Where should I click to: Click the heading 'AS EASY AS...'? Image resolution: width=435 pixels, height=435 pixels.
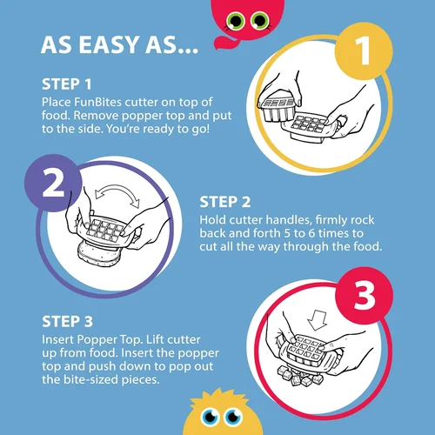pyautogui.click(x=119, y=45)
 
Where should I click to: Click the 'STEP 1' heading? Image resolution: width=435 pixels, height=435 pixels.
pyautogui.click(x=67, y=84)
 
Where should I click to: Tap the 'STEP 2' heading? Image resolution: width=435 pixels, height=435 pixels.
pyautogui.click(x=224, y=202)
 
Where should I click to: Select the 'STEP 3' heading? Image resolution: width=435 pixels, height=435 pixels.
pyautogui.click(x=67, y=322)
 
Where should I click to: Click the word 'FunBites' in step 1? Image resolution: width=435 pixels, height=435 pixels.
pyautogui.click(x=98, y=102)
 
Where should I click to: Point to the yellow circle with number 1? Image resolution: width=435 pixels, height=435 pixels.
pyautogui.click(x=364, y=51)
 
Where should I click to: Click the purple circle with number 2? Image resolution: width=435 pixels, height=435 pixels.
pyautogui.click(x=53, y=183)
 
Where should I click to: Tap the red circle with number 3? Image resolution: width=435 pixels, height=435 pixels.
pyautogui.click(x=365, y=296)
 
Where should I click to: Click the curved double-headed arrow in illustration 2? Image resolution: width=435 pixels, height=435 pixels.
pyautogui.click(x=117, y=189)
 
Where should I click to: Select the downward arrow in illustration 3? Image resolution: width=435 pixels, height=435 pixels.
pyautogui.click(x=318, y=320)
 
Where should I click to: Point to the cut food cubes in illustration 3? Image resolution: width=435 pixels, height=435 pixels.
pyautogui.click(x=299, y=376)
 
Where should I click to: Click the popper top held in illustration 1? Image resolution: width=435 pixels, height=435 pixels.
pyautogui.click(x=278, y=110)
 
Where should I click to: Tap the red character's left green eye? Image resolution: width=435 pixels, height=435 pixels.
pyautogui.click(x=236, y=21)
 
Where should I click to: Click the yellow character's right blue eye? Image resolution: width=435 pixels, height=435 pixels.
pyautogui.click(x=234, y=417)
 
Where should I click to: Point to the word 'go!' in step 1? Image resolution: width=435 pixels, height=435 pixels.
pyautogui.click(x=201, y=130)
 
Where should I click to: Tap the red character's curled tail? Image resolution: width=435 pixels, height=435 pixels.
pyautogui.click(x=224, y=41)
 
